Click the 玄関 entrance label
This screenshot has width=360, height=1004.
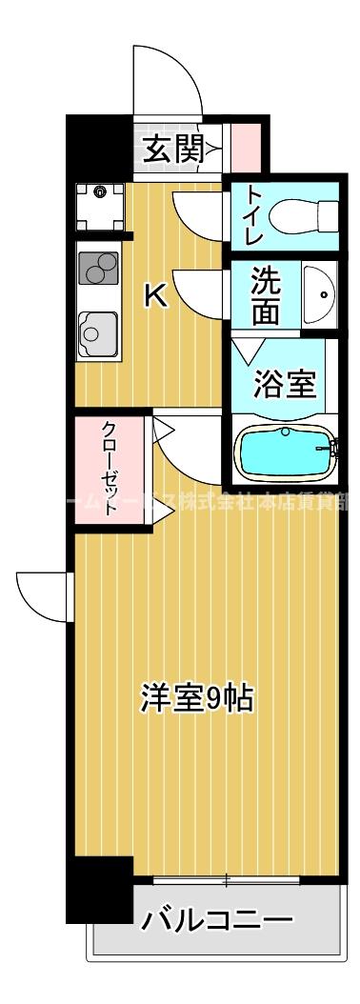pyautogui.click(x=172, y=150)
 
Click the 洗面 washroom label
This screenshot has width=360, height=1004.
pyautogui.click(x=266, y=295)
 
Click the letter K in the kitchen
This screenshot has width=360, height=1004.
pyautogui.click(x=154, y=297)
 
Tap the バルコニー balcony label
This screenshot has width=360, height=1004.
pyautogui.click(x=216, y=920)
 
